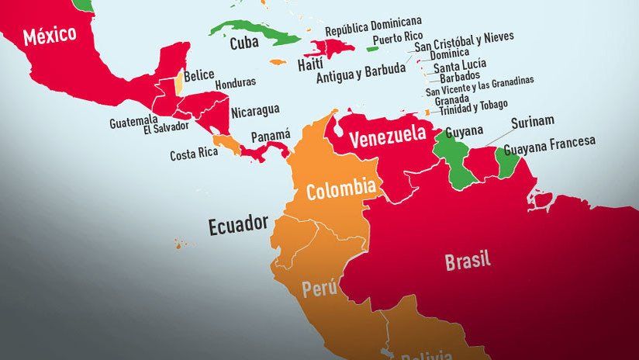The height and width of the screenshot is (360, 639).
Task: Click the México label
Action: [50, 35]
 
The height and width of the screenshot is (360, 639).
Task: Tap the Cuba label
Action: [244, 43]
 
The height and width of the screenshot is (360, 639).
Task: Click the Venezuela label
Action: [388, 139]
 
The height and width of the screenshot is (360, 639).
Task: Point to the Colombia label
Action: [341, 190]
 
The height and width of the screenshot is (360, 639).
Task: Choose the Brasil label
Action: [468, 261]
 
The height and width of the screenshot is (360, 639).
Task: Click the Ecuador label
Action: [238, 226]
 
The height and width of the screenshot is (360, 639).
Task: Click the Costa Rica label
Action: [194, 154]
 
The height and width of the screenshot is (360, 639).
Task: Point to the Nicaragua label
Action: [255, 110]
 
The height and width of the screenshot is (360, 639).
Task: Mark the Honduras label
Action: [235, 82]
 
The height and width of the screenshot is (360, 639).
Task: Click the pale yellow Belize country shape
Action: [178, 82]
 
